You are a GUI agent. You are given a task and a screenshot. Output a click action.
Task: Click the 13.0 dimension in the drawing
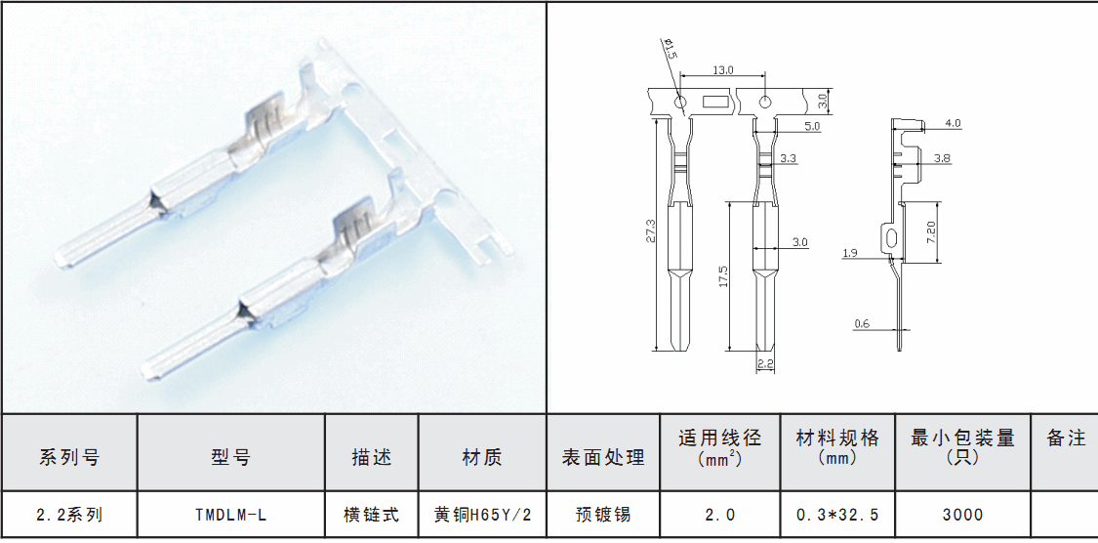point(723,70)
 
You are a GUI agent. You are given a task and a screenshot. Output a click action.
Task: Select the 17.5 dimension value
point(723,275)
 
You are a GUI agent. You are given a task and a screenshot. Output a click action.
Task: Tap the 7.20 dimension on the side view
point(931,231)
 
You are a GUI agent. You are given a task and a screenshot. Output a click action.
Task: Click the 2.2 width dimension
point(765,364)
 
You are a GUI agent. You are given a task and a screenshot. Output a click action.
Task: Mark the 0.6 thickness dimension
point(862,323)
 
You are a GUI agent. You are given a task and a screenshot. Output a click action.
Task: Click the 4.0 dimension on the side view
point(953,124)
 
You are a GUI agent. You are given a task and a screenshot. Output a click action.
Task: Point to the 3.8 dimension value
point(943,158)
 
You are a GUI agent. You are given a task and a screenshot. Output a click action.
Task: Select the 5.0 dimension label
point(812,127)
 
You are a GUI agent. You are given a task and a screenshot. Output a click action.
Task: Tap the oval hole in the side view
point(890,237)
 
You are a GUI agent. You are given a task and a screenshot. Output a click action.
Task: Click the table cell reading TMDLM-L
point(230,515)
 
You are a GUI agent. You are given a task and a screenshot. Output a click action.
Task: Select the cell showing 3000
point(962,515)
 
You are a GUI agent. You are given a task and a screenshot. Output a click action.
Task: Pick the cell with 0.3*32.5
point(837,515)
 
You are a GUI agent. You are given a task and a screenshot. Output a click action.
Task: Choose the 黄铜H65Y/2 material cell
point(482,515)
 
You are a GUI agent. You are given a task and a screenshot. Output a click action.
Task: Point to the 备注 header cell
point(1065,439)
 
